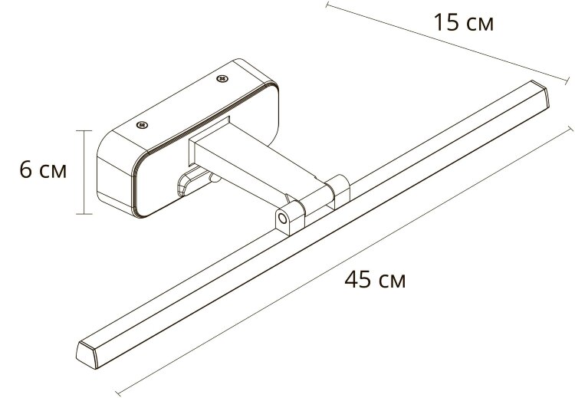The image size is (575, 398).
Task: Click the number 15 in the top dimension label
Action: [x=445, y=23]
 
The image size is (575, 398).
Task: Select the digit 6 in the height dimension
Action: [x=26, y=170]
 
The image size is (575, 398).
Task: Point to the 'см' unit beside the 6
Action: [x=54, y=172]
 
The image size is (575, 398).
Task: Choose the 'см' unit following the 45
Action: [x=391, y=280]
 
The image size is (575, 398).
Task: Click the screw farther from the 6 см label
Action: [x=224, y=78]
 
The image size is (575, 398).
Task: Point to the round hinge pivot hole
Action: [x=284, y=219]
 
